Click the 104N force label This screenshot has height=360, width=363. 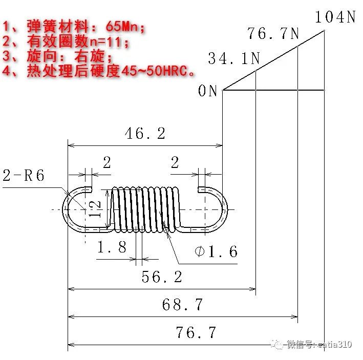coord(335,17)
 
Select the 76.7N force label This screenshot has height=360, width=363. coord(273,34)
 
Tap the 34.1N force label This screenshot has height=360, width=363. coord(234,59)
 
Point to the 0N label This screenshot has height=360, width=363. coord(208,91)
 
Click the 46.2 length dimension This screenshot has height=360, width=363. coord(145,134)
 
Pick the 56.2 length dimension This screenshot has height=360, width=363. coord(162,277)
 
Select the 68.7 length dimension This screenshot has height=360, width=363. coord(182,305)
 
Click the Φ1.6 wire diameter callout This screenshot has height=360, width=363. coord(216,251)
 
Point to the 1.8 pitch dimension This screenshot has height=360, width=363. coord(112,248)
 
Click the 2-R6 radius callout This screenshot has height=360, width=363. coord(24,176)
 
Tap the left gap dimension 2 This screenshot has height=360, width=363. coord(106,163)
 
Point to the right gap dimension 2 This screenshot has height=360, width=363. coord(175,163)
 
